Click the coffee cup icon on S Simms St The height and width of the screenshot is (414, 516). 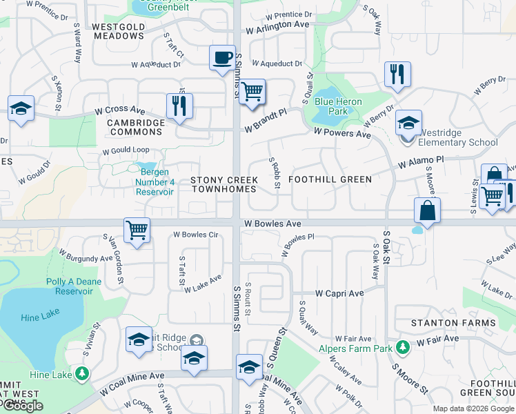tap(222, 58)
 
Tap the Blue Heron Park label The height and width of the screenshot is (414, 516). tap(337, 106)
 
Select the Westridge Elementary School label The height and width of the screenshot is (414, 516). tap(458, 143)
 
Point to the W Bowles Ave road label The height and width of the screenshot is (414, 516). tap(272, 224)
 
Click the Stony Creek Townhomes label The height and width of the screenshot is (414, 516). tap(224, 184)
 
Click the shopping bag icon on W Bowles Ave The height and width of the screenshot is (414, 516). tap(428, 210)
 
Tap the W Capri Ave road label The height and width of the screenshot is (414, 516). tap(339, 293)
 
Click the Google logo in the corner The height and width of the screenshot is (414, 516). tap(23, 406)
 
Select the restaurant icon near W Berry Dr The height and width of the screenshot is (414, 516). tap(397, 75)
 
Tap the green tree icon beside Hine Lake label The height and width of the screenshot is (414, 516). tap(82, 374)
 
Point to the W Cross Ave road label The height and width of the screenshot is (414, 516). tap(120, 110)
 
